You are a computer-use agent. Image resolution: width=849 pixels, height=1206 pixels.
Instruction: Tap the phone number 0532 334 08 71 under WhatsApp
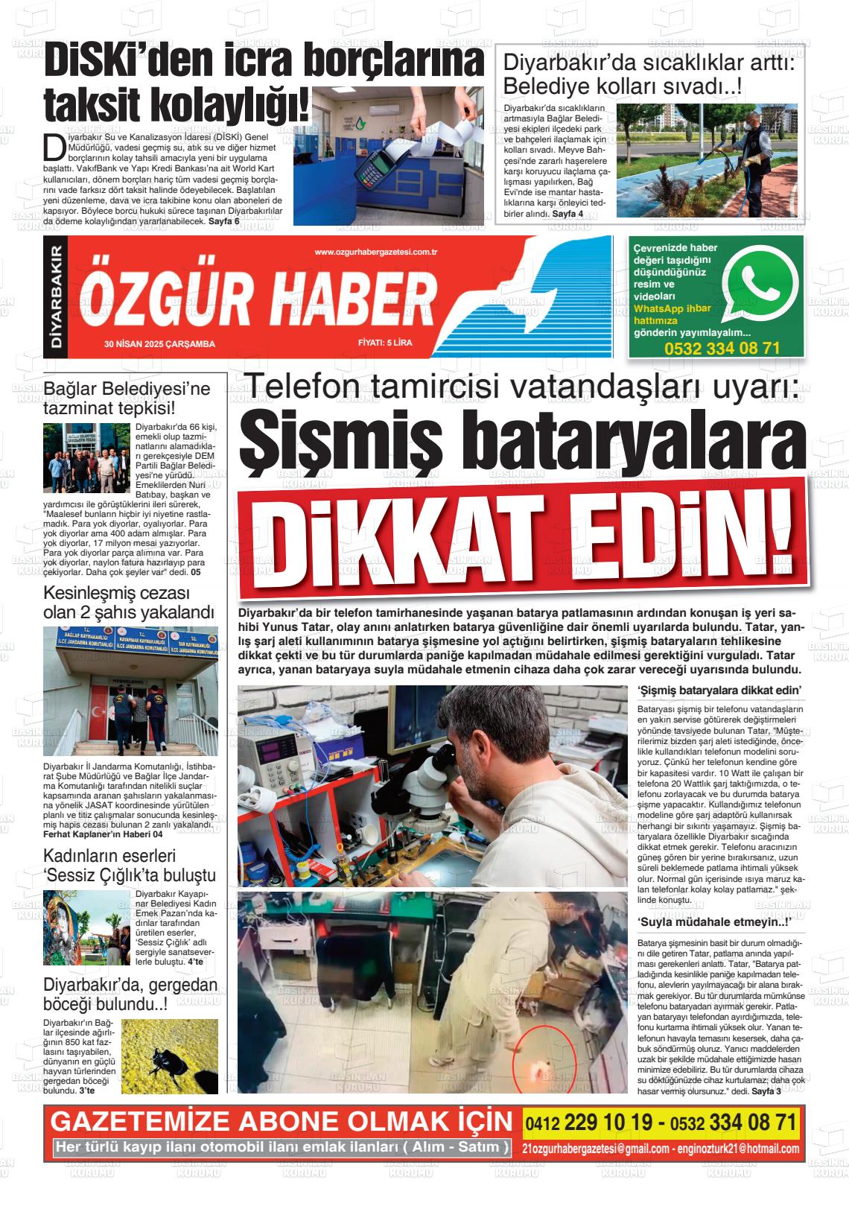point(722,349)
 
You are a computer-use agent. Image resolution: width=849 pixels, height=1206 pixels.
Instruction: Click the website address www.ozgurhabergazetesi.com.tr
point(375,253)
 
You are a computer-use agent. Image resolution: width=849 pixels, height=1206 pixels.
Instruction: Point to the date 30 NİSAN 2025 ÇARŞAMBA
point(160,344)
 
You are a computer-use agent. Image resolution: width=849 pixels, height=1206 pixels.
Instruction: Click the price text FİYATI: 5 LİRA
point(384,343)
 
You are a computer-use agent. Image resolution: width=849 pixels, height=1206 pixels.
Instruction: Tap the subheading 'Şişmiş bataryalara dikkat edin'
point(719,691)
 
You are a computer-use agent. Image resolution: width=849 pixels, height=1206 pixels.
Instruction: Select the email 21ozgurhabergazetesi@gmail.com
point(596,1148)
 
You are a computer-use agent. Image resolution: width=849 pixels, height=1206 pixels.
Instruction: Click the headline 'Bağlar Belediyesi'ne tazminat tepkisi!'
point(127,398)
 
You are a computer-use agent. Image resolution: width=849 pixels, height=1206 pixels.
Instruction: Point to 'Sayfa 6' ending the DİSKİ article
point(224,221)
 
